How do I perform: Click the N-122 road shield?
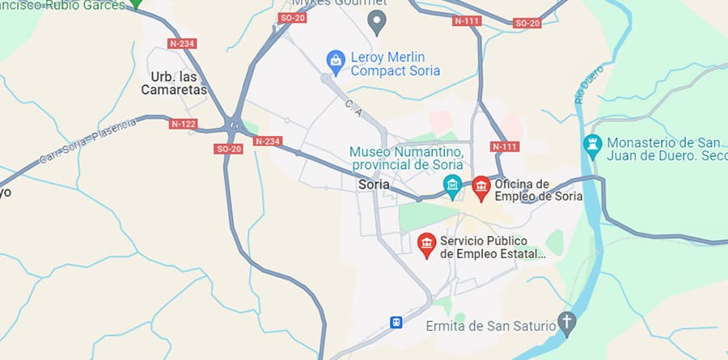pyautogui.click(x=184, y=124)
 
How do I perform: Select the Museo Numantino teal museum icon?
pyautogui.click(x=452, y=187)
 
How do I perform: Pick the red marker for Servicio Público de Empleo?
pyautogui.click(x=426, y=244)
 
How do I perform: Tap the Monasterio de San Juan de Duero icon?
pyautogui.click(x=593, y=146)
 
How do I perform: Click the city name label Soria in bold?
pyautogui.click(x=373, y=184)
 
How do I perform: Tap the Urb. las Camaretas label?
pyautogui.click(x=179, y=83)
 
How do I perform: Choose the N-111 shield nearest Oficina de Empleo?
pyautogui.click(x=506, y=146)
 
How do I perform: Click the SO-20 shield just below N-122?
pyautogui.click(x=229, y=149)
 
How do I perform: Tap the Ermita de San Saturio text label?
pyautogui.click(x=492, y=326)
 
